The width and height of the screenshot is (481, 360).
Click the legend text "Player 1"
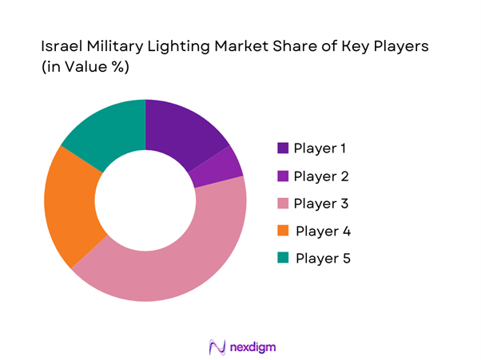pyautogui.click(x=321, y=148)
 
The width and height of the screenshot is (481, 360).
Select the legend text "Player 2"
pyautogui.click(x=322, y=176)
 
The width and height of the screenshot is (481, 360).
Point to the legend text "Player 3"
pyautogui.click(x=322, y=204)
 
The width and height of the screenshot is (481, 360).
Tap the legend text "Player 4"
pyautogui.click(x=323, y=231)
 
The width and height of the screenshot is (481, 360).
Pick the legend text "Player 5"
pyautogui.click(x=323, y=259)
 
